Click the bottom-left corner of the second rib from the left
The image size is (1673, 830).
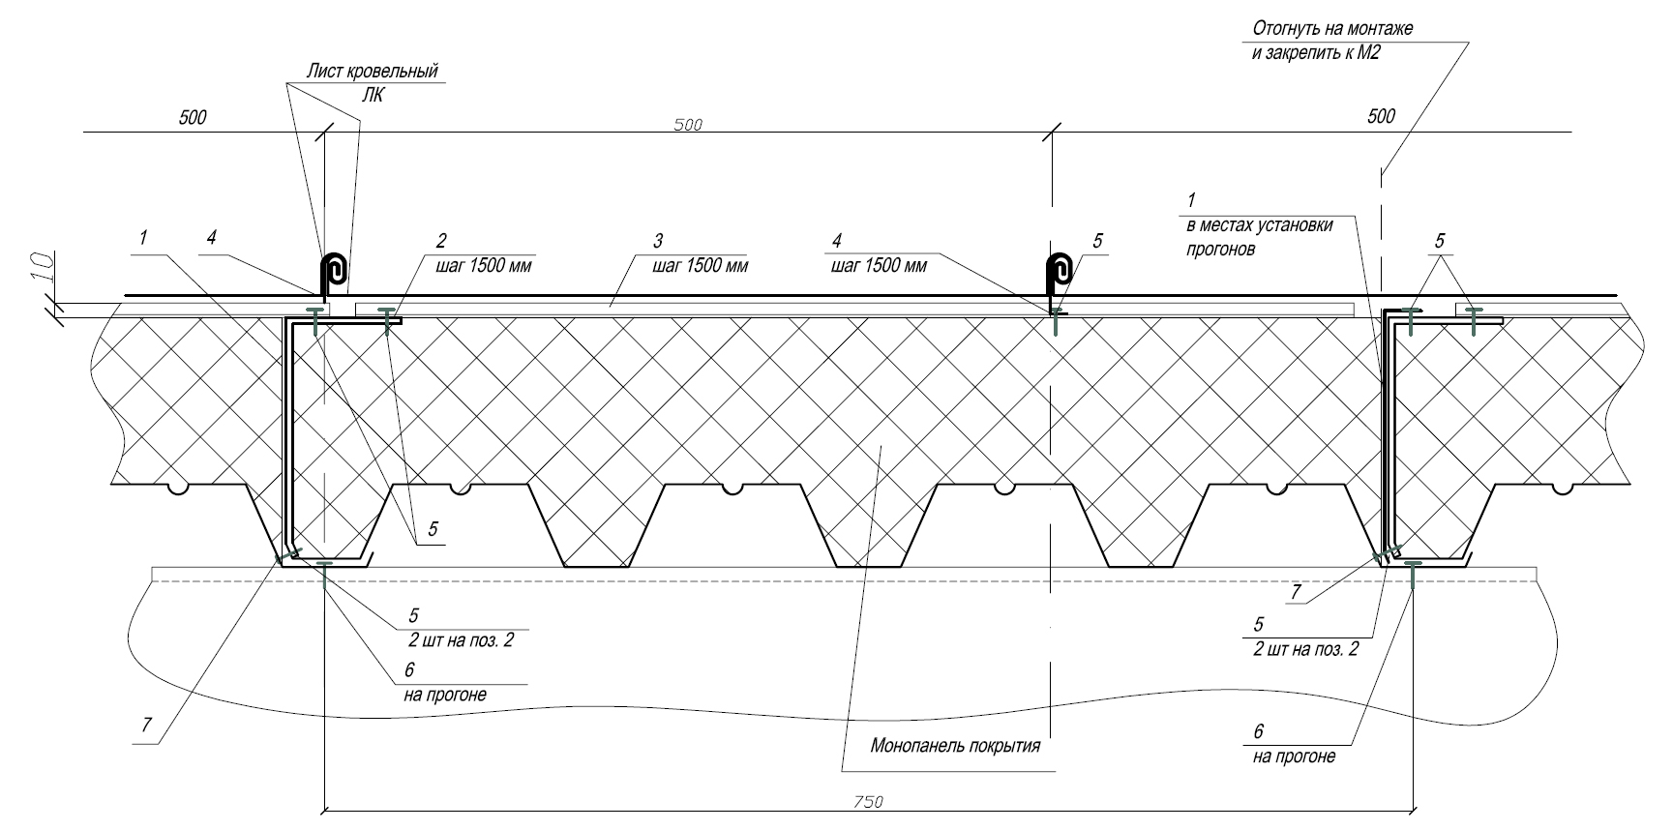coord(565,566)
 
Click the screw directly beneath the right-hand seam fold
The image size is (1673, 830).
coord(1056,321)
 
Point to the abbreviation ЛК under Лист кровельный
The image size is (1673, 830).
coord(373,95)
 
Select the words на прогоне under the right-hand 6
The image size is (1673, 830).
coord(1294,756)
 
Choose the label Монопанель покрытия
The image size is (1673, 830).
coord(955,746)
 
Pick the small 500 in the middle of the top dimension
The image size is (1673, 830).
coord(687,125)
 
